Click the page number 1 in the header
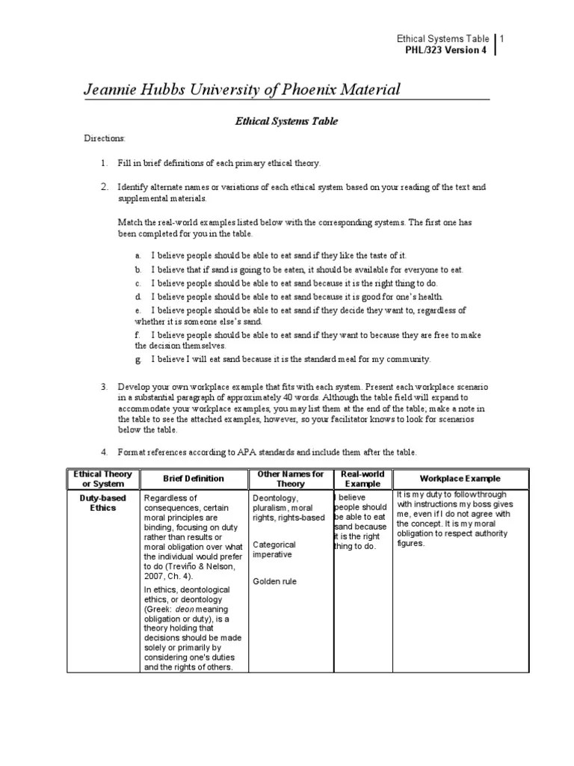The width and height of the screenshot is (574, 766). point(503,39)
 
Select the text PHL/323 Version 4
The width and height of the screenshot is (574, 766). point(445,51)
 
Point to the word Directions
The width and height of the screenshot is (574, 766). point(104,139)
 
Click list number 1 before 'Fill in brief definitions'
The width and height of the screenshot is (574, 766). point(105,162)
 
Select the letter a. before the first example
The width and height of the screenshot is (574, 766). point(138,256)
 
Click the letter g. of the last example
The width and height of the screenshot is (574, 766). point(138,359)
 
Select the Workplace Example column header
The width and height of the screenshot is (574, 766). point(460,479)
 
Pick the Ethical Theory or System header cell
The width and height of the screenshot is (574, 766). point(103,479)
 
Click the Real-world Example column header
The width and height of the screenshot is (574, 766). point(361,479)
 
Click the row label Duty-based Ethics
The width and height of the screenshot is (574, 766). point(103,503)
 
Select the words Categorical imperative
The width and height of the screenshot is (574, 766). point(274,550)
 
